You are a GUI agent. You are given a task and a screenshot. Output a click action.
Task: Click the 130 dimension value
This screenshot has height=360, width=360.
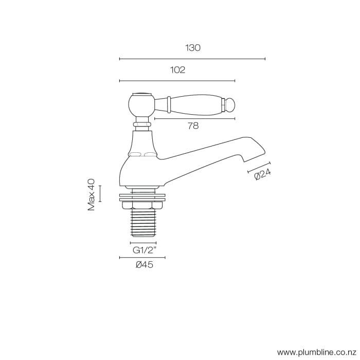193,48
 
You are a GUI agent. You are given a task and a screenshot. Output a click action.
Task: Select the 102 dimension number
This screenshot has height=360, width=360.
177,70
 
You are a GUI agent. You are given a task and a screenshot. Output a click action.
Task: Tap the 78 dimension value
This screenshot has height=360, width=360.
193,125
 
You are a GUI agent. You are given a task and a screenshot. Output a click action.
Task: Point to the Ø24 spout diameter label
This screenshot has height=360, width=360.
263,175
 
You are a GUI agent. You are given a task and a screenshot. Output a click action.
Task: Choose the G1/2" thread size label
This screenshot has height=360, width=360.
143,250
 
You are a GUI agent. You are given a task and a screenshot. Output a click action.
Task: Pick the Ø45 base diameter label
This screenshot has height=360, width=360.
144,265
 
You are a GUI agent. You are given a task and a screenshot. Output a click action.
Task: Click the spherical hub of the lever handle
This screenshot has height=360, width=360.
140,105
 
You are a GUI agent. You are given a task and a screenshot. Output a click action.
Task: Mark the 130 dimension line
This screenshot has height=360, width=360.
192,59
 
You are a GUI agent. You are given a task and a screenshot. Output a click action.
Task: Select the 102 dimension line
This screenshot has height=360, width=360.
177,81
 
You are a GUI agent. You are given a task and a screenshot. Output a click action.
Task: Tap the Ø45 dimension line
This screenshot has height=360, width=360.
143,257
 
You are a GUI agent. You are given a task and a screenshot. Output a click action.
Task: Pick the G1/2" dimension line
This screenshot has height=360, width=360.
143,243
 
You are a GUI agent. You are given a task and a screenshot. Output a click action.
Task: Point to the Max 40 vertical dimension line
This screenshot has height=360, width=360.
100,193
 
